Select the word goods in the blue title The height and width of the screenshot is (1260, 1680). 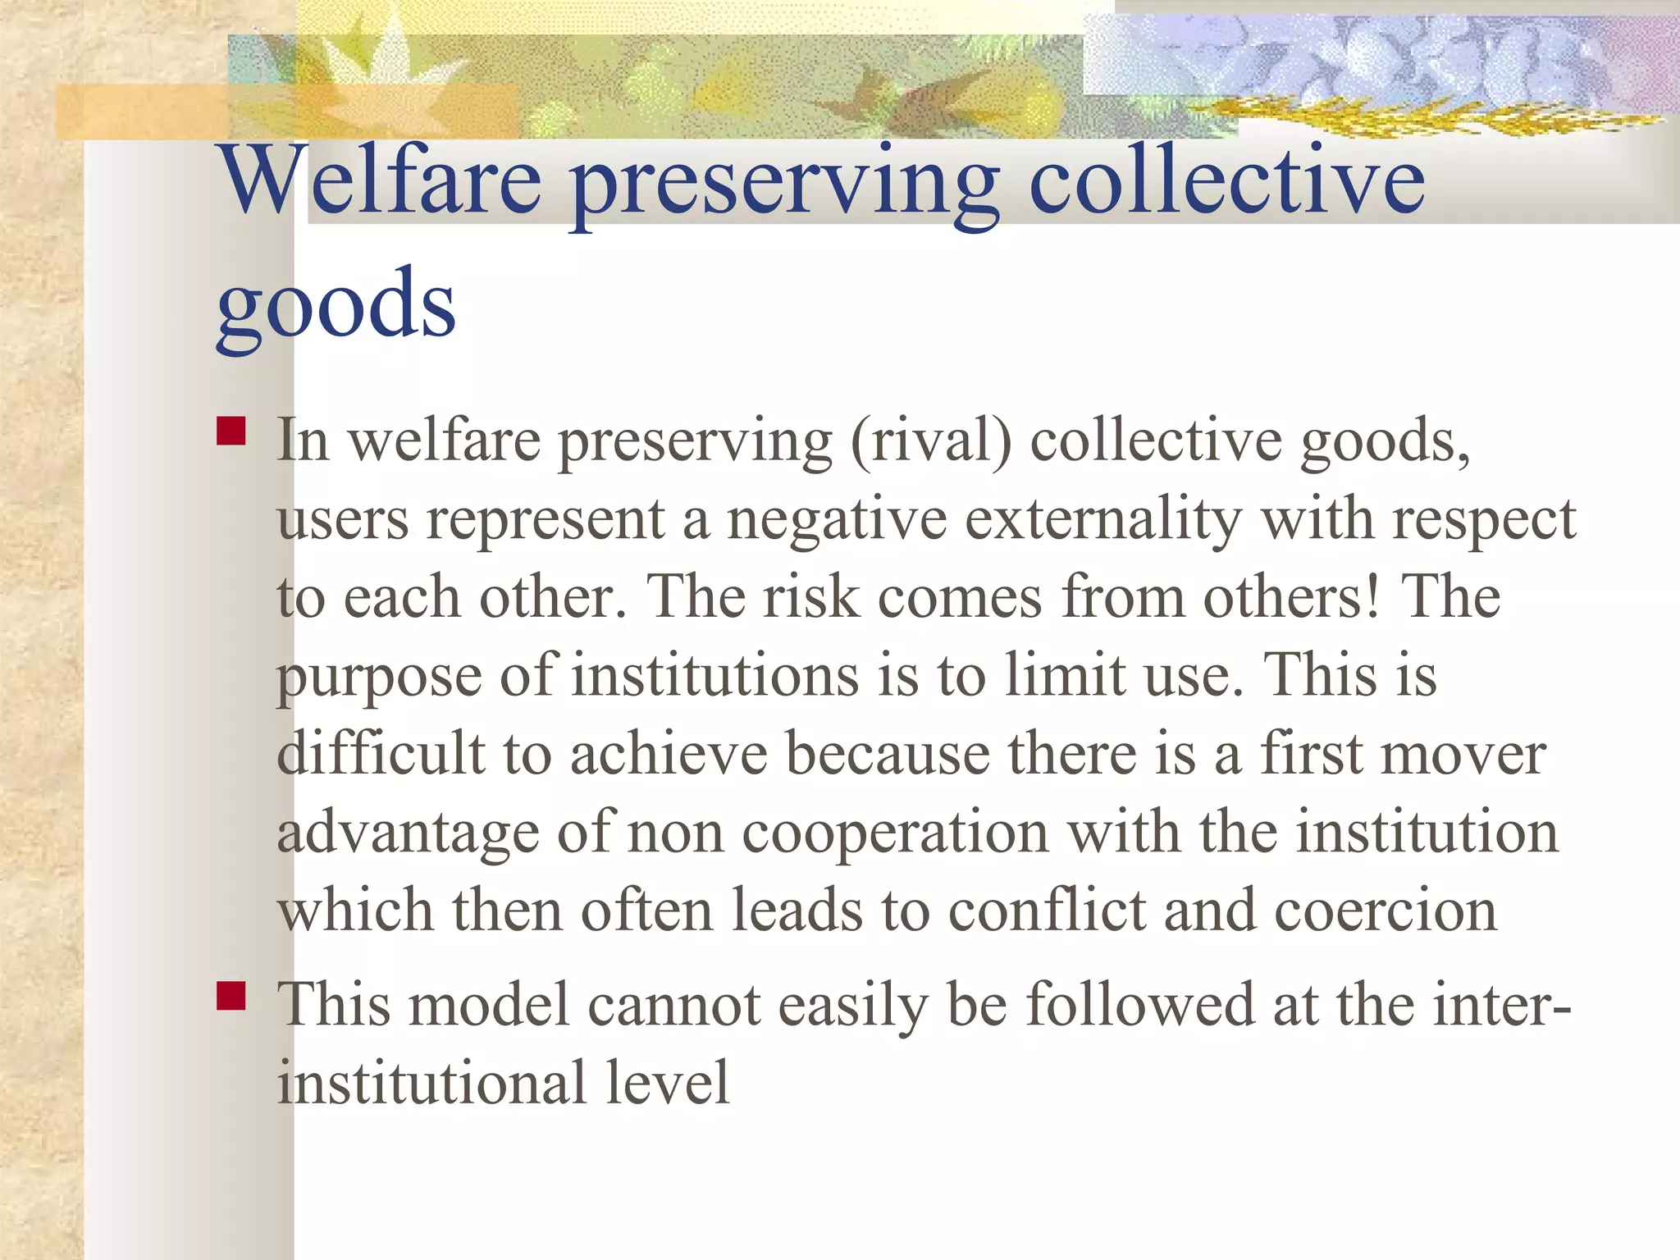coord(336,305)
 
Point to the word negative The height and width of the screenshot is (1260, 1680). coord(837,520)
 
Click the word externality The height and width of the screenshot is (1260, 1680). coord(1103,520)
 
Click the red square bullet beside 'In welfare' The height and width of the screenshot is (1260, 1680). coord(231,431)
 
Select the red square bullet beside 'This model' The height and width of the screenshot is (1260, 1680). coord(231,995)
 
